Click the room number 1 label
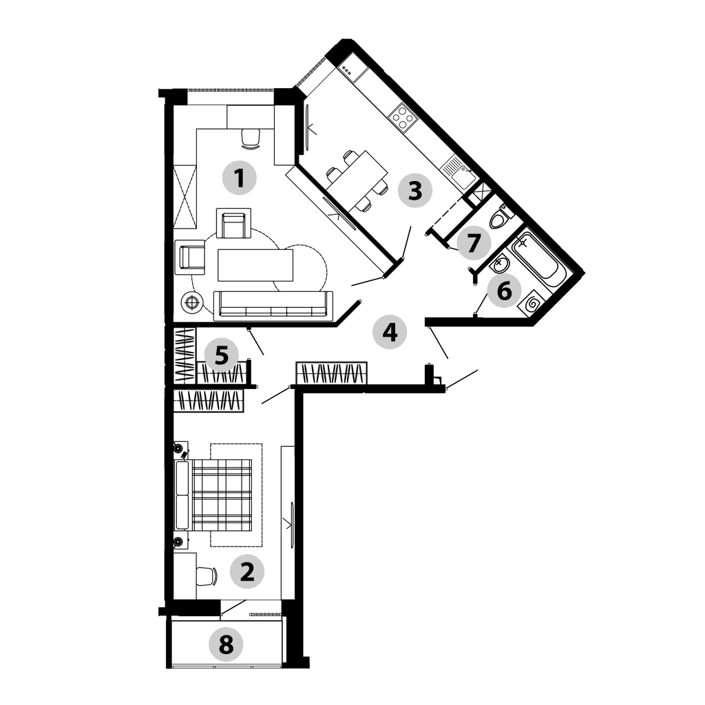[x=240, y=178]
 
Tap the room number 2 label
[x=247, y=572]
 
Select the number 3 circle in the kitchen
[x=415, y=190]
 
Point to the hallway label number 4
[x=390, y=333]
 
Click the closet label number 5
[x=221, y=356]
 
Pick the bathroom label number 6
[x=504, y=291]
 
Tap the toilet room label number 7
[x=472, y=243]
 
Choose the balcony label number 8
[x=226, y=644]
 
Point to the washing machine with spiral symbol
[x=532, y=304]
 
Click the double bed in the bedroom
[x=213, y=494]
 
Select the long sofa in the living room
[x=273, y=306]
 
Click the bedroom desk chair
[x=207, y=576]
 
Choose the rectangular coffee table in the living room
[x=255, y=265]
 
